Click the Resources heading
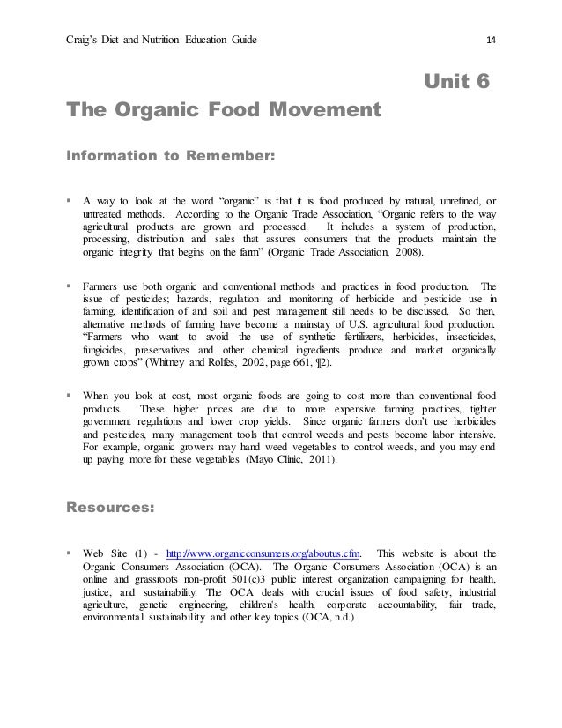110,507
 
